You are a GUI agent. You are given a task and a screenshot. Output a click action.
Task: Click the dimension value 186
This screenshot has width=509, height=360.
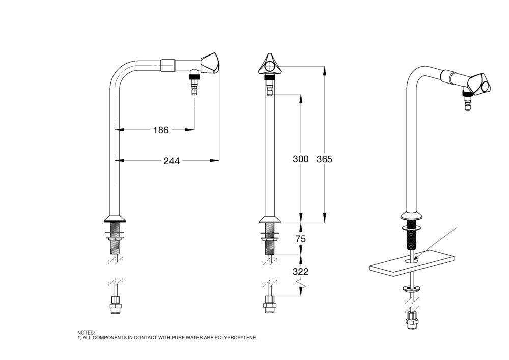(x=160, y=130)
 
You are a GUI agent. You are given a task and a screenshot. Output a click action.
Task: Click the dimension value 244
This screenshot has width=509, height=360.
(x=171, y=161)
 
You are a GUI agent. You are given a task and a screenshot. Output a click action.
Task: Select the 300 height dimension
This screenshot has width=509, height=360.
(x=300, y=159)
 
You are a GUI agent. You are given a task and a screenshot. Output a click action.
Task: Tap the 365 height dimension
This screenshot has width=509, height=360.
(x=324, y=159)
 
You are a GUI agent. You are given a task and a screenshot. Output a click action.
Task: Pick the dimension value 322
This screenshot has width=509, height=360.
(x=300, y=272)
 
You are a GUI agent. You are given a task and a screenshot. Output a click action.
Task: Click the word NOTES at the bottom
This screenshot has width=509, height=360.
(x=86, y=332)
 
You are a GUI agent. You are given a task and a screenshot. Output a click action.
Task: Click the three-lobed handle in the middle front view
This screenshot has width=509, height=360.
(x=269, y=65)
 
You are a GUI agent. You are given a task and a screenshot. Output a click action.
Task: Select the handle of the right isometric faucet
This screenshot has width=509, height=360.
(x=479, y=83)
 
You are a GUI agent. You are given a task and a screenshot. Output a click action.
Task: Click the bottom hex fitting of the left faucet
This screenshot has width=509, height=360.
(x=117, y=307)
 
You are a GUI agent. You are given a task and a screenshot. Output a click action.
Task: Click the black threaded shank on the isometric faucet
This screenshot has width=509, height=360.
(x=411, y=237)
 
